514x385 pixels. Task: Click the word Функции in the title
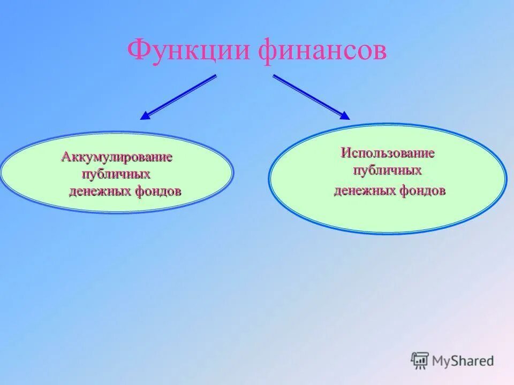[190, 52]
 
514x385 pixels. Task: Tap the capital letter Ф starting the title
[139, 51]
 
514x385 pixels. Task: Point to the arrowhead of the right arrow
[344, 115]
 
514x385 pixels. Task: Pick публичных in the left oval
[116, 174]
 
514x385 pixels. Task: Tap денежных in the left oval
[98, 191]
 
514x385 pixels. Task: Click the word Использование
[388, 153]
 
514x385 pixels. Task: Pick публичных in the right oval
[387, 171]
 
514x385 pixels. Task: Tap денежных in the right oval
[364, 190]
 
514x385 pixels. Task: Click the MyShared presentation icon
[420, 361]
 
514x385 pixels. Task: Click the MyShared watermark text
[464, 361]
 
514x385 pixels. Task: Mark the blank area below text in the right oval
[387, 214]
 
